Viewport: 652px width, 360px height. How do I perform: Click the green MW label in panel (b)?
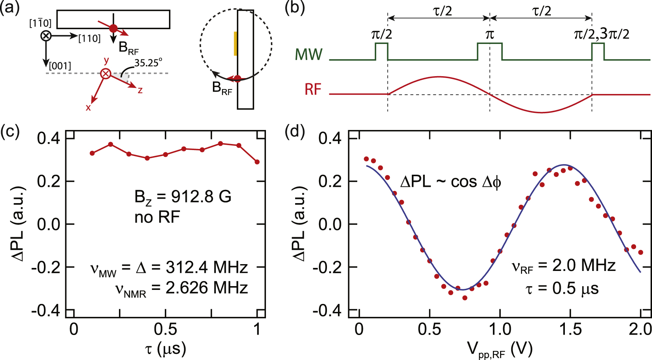(308, 55)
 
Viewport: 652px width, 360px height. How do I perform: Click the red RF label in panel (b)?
(313, 89)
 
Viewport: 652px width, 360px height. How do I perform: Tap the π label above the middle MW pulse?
(489, 34)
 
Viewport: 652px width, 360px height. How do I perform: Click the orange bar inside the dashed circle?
(235, 44)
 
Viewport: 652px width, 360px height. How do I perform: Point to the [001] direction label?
(60, 66)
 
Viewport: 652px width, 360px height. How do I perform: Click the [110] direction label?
(89, 38)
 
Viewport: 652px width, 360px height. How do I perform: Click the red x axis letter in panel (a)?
(88, 108)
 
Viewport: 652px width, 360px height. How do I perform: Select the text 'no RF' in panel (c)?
(157, 218)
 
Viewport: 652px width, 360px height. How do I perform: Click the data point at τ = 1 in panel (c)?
(257, 162)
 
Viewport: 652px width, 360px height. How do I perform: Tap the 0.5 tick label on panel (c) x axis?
(166, 329)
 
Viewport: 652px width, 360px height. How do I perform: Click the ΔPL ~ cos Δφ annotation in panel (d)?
(450, 182)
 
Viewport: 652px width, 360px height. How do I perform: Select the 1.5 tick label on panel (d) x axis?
(570, 329)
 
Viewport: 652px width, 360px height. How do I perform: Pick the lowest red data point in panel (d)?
(465, 298)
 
